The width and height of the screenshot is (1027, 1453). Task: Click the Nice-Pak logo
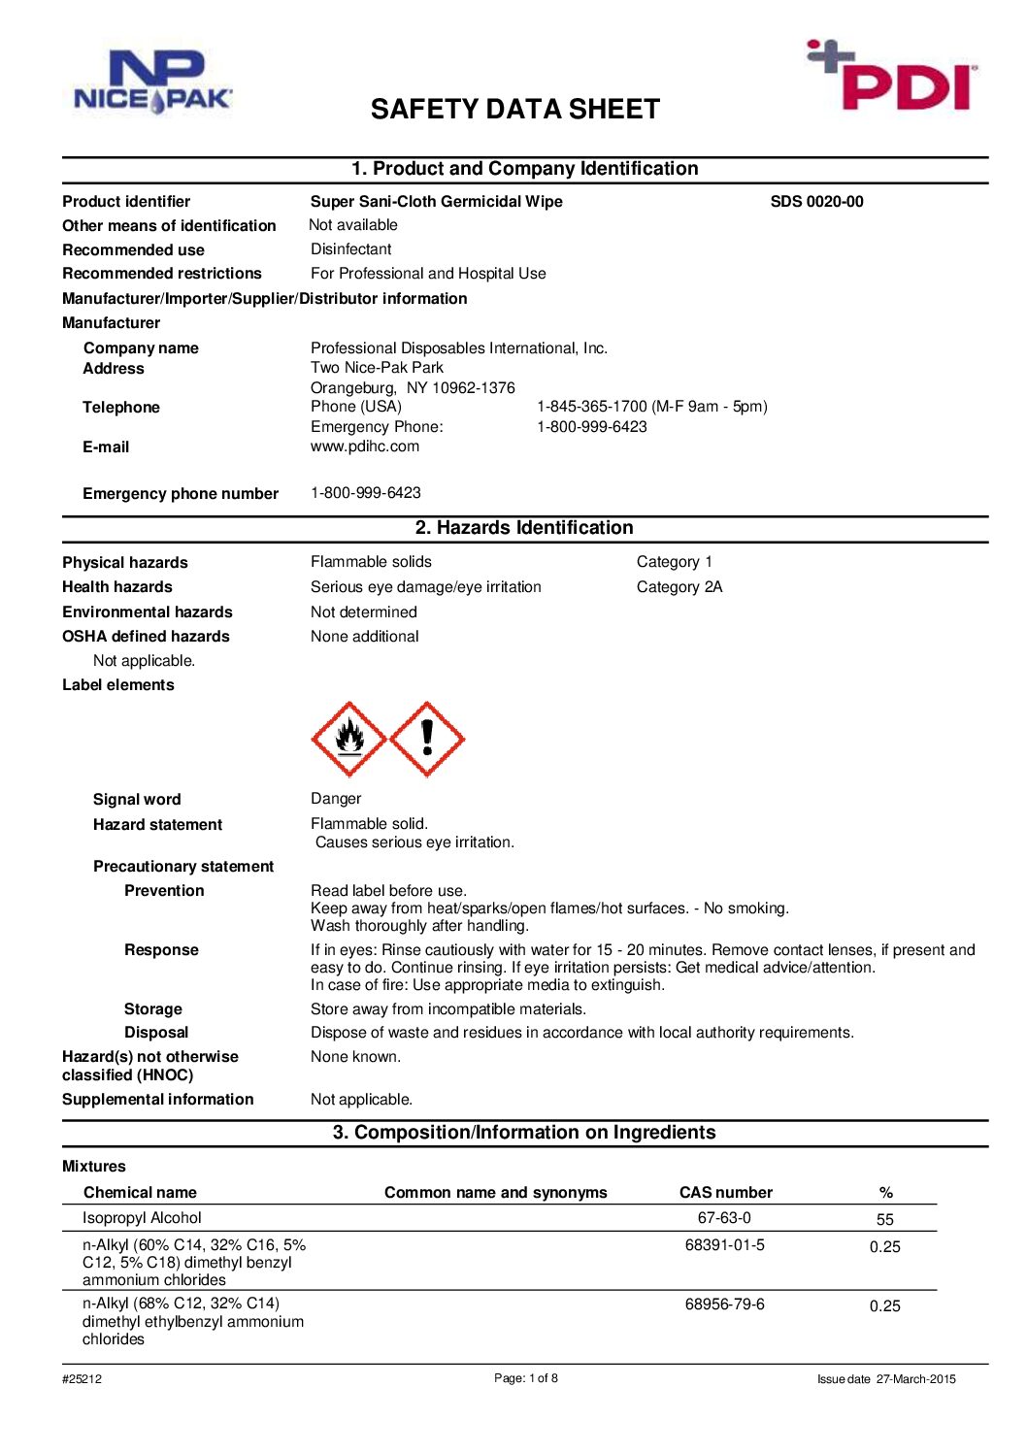[x=153, y=83]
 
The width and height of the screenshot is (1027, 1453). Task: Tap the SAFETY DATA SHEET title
[x=514, y=110]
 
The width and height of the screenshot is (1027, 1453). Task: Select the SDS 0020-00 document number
[x=816, y=202]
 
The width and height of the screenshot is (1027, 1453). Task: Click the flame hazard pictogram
[x=349, y=740]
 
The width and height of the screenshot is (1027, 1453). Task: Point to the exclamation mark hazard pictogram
[x=427, y=740]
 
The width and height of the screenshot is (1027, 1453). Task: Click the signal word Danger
[x=336, y=799]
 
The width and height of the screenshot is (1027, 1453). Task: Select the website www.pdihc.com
[x=365, y=446]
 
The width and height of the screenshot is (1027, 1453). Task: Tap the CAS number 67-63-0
[x=724, y=1218]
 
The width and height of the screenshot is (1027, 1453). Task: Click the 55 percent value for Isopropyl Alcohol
[x=885, y=1220]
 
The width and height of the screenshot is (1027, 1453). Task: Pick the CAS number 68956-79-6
[x=724, y=1304]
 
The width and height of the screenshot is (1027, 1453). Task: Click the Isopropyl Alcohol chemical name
[x=142, y=1218]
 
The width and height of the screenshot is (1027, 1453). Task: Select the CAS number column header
[x=726, y=1193]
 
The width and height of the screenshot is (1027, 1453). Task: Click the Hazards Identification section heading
[x=524, y=528]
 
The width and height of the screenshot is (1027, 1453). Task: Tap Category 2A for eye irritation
[x=679, y=587]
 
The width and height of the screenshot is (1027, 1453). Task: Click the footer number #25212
[x=82, y=1379]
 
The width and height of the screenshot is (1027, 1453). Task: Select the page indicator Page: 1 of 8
[x=526, y=1378]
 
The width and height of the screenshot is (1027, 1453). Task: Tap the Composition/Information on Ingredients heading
[x=524, y=1133]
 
